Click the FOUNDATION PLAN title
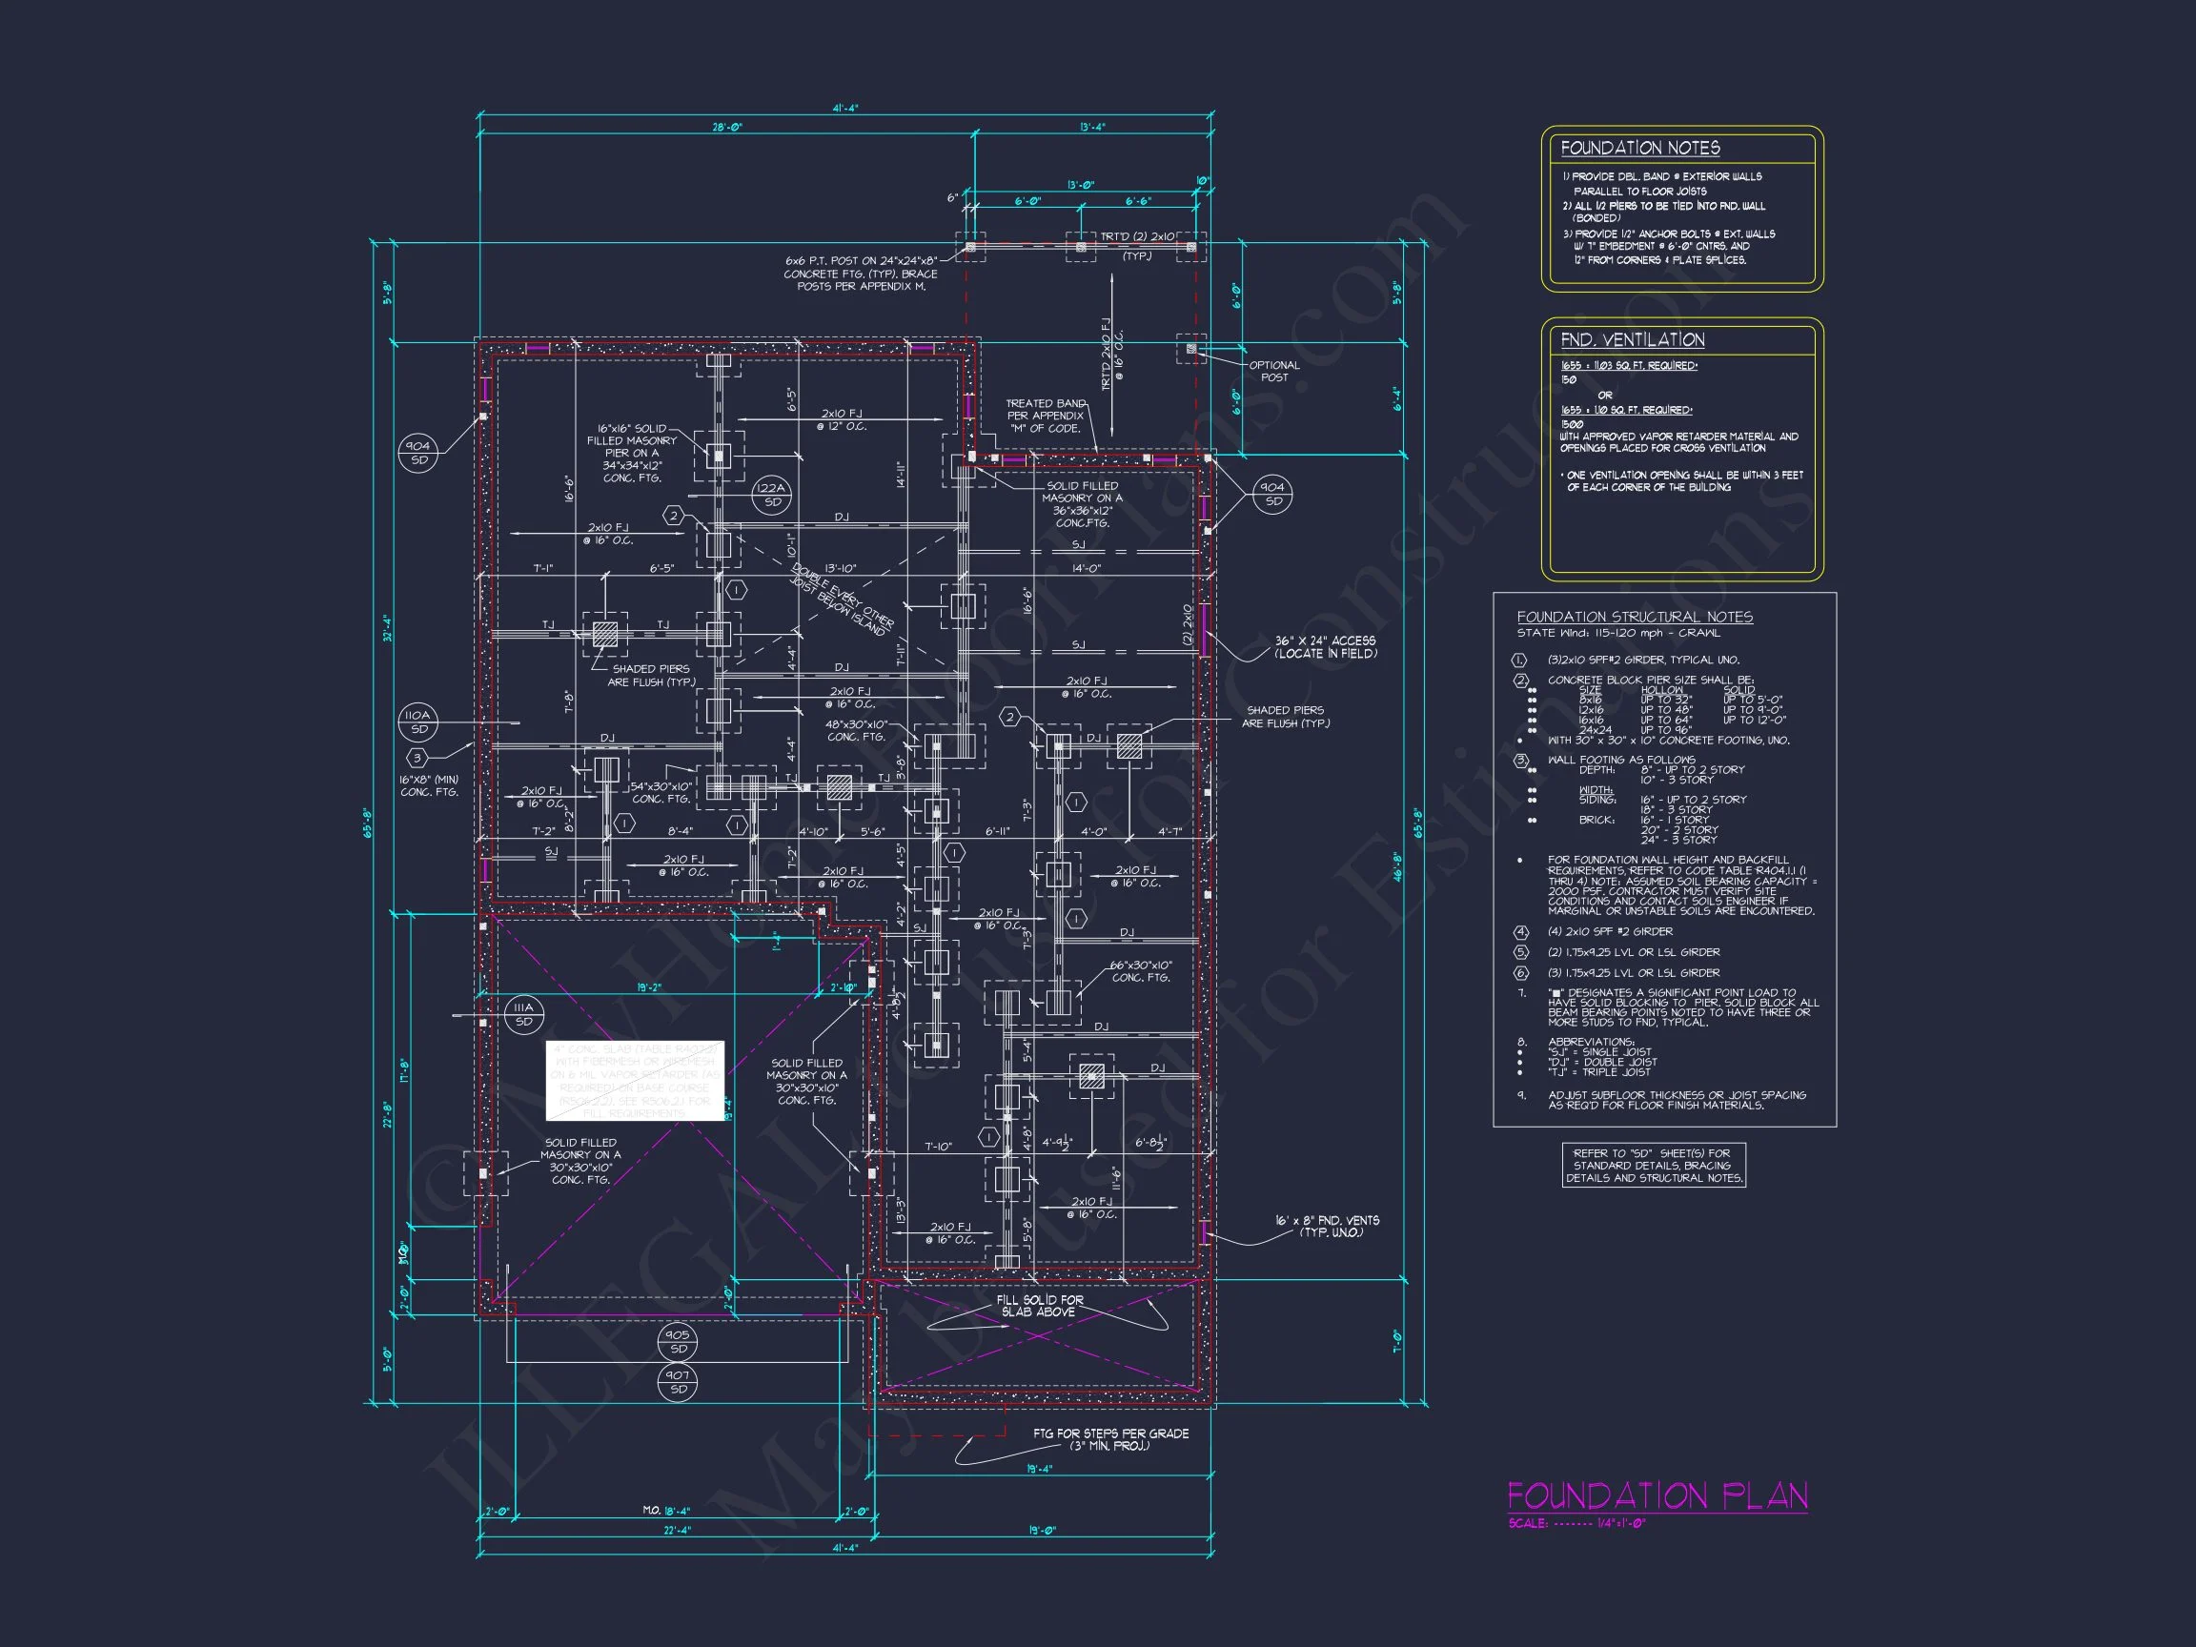coord(1657,1495)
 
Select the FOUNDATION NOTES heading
coord(1639,148)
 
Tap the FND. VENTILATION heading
coord(1632,339)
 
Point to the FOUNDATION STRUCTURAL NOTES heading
coord(1634,617)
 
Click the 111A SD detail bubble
coord(523,1013)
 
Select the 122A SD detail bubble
coord(771,495)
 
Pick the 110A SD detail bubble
coord(419,722)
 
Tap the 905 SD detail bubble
coord(678,1341)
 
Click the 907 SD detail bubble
coord(678,1382)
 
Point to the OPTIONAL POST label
coord(1273,372)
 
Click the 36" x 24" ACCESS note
coord(1326,647)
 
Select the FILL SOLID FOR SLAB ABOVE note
coord(1040,1306)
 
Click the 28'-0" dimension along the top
coord(726,127)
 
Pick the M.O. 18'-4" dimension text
coord(665,1510)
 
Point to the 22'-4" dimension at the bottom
coord(677,1530)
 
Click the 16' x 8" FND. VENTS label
coord(1327,1226)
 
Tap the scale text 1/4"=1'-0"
coord(1620,1523)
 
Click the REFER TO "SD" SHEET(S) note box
coord(1652,1166)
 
